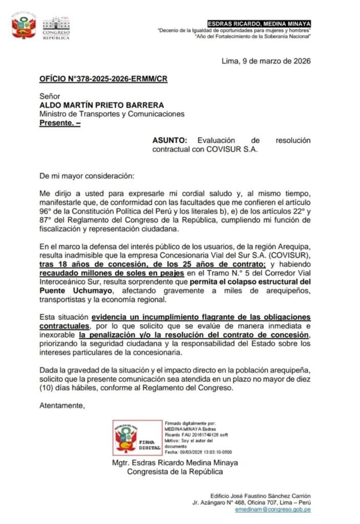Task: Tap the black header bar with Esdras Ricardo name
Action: pyautogui.click(x=259, y=24)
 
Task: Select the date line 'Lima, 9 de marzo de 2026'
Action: pyautogui.click(x=266, y=61)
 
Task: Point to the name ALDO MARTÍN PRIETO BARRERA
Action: pyautogui.click(x=95, y=105)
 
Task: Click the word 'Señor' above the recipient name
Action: pyautogui.click(x=50, y=96)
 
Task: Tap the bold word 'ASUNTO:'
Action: pyautogui.click(x=171, y=140)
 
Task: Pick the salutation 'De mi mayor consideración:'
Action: pyautogui.click(x=87, y=176)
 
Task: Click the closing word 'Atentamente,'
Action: pyautogui.click(x=62, y=406)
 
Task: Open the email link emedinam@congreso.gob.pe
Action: pyautogui.click(x=272, y=510)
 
